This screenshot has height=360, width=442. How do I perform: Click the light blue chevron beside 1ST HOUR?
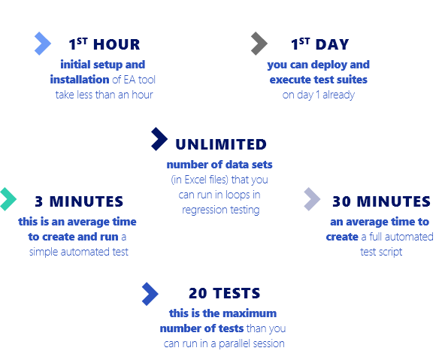point(43,44)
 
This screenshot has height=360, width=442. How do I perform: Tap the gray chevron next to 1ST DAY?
point(259,44)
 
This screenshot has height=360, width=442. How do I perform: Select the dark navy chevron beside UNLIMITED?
point(159,139)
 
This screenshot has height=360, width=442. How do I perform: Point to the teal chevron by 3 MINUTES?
point(8,199)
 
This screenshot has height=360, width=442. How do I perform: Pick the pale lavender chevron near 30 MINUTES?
point(313,199)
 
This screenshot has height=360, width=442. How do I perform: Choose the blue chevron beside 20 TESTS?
point(150,294)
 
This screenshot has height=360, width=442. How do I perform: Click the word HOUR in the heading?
point(117,44)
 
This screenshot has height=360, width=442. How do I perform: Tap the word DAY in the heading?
point(332,44)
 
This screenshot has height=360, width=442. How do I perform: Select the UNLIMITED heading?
point(221,144)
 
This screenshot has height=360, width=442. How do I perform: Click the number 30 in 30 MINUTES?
point(341,201)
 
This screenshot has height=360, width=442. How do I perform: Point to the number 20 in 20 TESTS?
point(198,293)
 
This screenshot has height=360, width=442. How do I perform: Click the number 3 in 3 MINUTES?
point(39,201)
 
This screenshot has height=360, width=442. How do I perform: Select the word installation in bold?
point(80,80)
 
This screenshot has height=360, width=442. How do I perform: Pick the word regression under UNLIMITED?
point(201,210)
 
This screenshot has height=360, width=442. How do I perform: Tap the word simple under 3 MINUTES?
point(44,252)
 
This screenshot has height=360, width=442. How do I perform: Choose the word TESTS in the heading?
point(236,293)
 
